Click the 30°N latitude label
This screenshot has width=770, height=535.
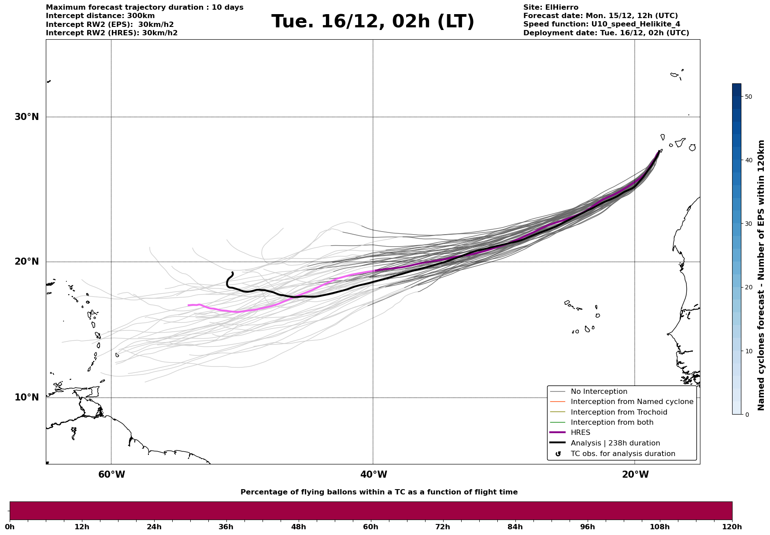point(27,117)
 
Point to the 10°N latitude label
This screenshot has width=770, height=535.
point(27,397)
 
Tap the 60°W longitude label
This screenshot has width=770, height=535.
point(111,475)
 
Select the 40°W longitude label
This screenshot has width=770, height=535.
point(374,475)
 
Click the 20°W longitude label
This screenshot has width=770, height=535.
point(635,475)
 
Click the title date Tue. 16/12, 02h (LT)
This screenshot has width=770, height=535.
point(373,22)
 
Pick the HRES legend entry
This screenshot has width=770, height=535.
point(580,433)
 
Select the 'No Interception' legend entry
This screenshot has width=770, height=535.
point(599,392)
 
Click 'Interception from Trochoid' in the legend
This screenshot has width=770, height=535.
point(618,412)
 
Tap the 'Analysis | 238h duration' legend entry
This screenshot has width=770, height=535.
point(615,443)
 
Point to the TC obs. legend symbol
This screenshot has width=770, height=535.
point(558,454)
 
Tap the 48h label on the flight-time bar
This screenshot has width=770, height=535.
point(298,527)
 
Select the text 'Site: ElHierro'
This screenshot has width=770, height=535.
point(551,7)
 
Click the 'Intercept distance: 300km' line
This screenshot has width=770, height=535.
point(100,16)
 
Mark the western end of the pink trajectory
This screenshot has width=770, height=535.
point(189,305)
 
